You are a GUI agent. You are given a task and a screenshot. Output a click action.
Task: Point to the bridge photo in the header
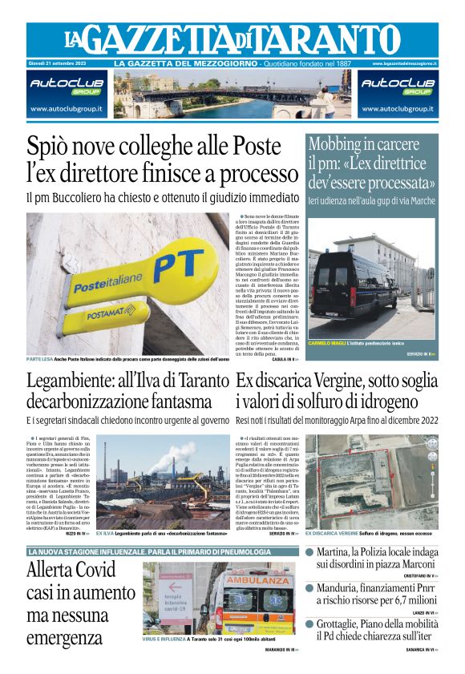(231, 95)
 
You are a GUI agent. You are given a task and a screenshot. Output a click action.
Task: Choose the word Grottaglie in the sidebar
(344, 623)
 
